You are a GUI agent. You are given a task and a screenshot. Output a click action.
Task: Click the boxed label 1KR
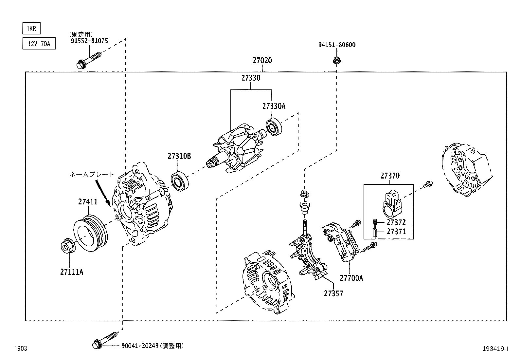click(x=31, y=28)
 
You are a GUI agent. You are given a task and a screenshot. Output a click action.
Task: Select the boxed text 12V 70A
click(x=39, y=44)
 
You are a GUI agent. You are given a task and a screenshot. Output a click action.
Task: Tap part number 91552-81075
click(x=89, y=41)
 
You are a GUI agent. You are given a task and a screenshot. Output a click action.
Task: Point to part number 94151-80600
click(x=337, y=45)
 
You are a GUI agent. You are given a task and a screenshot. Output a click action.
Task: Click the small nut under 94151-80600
click(x=335, y=60)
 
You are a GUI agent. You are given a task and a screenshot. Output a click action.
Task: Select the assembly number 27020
click(x=262, y=60)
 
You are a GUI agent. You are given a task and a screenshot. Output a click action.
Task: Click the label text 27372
click(x=396, y=222)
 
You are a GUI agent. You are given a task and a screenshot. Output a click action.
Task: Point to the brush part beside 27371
click(x=375, y=233)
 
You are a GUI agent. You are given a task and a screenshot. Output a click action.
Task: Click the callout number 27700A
click(x=351, y=278)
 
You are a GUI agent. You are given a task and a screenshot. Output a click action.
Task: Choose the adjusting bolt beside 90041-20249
click(x=104, y=341)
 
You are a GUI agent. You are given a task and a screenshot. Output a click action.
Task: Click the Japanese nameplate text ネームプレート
click(x=92, y=175)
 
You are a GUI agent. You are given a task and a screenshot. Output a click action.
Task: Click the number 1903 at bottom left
click(x=20, y=349)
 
